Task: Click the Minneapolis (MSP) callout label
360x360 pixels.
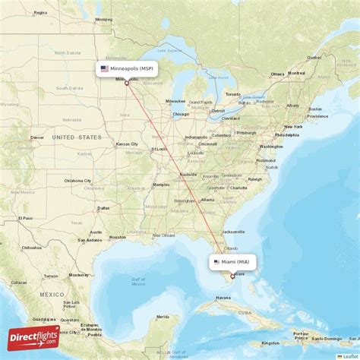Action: point(127,68)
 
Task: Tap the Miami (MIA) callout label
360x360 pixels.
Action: point(233,262)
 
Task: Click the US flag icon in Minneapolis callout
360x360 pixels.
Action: point(104,68)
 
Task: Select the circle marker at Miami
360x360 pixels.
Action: point(233,276)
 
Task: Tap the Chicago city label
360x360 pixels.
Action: point(180,115)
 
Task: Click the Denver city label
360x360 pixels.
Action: point(36,137)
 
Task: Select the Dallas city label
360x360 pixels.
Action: point(103,207)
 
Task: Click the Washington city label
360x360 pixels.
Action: point(270,147)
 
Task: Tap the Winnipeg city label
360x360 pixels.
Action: point(103,20)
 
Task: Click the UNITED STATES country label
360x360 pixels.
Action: point(76,137)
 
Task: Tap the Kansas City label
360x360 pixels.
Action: point(127,144)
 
